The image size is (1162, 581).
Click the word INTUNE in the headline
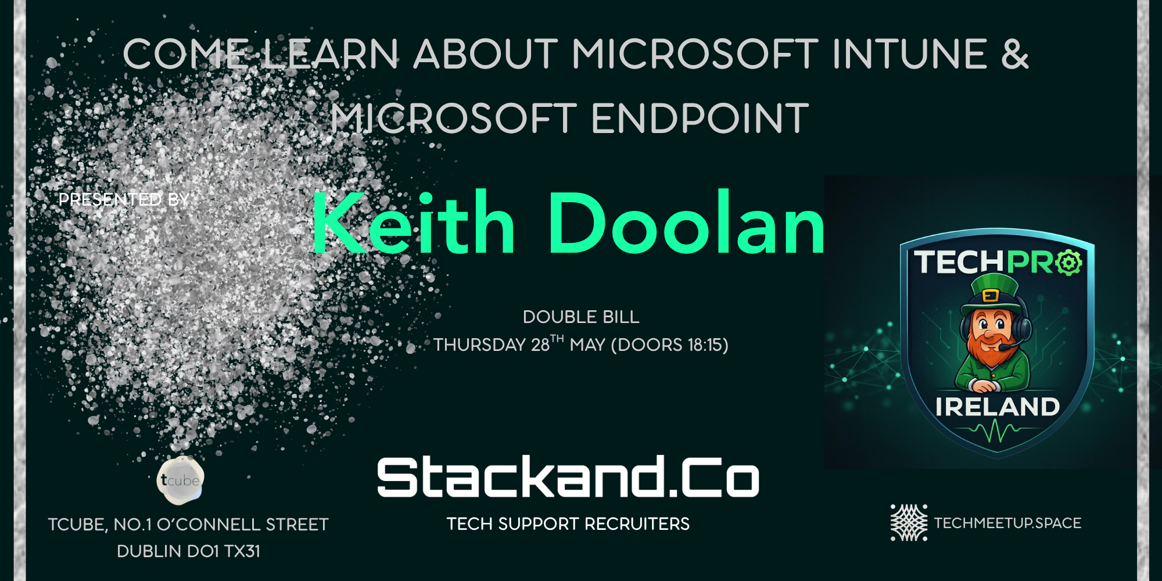(x=910, y=54)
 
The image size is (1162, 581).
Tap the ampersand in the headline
(x=1015, y=54)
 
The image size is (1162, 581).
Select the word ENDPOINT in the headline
(x=700, y=119)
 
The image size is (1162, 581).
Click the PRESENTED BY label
(x=124, y=199)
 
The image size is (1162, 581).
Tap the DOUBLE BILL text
(x=581, y=317)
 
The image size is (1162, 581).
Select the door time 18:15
(x=705, y=345)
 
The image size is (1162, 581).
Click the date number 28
(x=540, y=345)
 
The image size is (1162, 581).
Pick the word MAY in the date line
(x=587, y=345)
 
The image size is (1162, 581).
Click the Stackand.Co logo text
(x=568, y=477)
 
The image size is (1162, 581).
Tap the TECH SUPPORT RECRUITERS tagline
(x=568, y=524)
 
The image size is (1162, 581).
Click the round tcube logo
(x=180, y=480)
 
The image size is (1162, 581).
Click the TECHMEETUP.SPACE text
(x=1007, y=523)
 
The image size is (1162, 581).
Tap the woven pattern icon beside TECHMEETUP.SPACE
(x=909, y=523)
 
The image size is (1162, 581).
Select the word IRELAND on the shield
(x=998, y=407)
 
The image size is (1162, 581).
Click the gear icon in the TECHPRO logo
(x=1069, y=263)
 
